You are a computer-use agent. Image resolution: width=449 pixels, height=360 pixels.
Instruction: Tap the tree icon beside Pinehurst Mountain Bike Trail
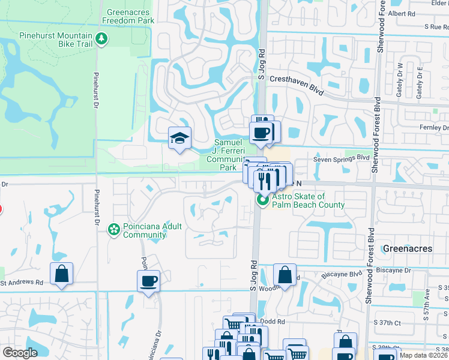click(x=102, y=38)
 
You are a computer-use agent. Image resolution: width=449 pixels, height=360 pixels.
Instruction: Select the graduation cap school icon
click(x=179, y=139)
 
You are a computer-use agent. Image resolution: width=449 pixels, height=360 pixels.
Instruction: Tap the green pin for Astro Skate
click(x=262, y=200)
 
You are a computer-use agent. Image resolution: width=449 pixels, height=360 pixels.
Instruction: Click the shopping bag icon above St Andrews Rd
click(x=62, y=274)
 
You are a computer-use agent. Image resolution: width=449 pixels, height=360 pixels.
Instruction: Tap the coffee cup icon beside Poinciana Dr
click(x=148, y=280)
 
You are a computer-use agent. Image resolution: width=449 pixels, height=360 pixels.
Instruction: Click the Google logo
click(x=20, y=353)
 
